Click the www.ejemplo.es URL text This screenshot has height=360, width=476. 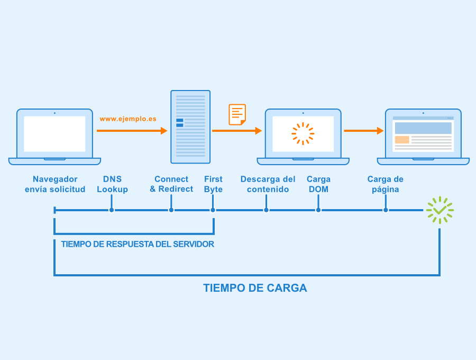tap(128, 119)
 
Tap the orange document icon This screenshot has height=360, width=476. tap(237, 114)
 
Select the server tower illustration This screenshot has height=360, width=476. tap(190, 127)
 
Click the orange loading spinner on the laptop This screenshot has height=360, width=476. tap(303, 133)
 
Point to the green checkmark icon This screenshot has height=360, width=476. tap(440, 210)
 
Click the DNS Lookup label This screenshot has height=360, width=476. tap(112, 184)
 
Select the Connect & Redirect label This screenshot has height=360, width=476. tap(171, 184)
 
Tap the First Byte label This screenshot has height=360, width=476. tap(213, 184)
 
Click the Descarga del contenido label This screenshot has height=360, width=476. tap(268, 184)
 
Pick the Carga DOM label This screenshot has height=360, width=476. tap(318, 184)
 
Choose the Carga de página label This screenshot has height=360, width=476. tap(385, 184)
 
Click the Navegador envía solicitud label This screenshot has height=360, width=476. tap(55, 184)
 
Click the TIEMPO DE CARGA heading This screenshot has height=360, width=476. tap(255, 288)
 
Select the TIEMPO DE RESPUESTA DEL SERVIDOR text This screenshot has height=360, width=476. tap(138, 244)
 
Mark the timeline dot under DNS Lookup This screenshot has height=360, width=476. tap(112, 210)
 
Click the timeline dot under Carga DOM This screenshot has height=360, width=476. tap(318, 210)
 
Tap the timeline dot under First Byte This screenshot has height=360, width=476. tap(213, 210)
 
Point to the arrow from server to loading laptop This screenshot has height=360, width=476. tap(237, 131)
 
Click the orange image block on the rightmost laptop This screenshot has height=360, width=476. tap(402, 140)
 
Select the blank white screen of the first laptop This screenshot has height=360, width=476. tap(54, 134)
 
